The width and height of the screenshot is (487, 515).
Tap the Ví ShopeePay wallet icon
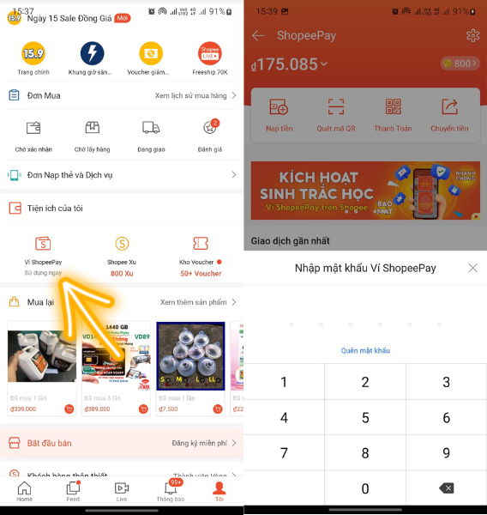click(42, 244)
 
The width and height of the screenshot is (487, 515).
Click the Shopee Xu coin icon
click(121, 244)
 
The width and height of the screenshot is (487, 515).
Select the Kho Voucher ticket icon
click(201, 244)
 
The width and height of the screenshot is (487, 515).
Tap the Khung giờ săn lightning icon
click(92, 54)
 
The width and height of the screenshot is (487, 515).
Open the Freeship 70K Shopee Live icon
click(209, 54)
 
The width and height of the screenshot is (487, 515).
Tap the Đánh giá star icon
click(209, 128)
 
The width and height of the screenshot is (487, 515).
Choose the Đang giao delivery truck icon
click(151, 128)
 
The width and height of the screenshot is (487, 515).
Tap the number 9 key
click(446, 452)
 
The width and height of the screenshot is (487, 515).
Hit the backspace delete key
click(446, 488)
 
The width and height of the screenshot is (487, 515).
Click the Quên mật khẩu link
click(365, 350)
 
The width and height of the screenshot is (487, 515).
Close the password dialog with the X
click(472, 268)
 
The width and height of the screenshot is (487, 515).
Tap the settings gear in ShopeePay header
click(472, 35)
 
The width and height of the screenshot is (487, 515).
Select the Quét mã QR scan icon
click(336, 108)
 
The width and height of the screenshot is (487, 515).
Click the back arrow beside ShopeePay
click(258, 35)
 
